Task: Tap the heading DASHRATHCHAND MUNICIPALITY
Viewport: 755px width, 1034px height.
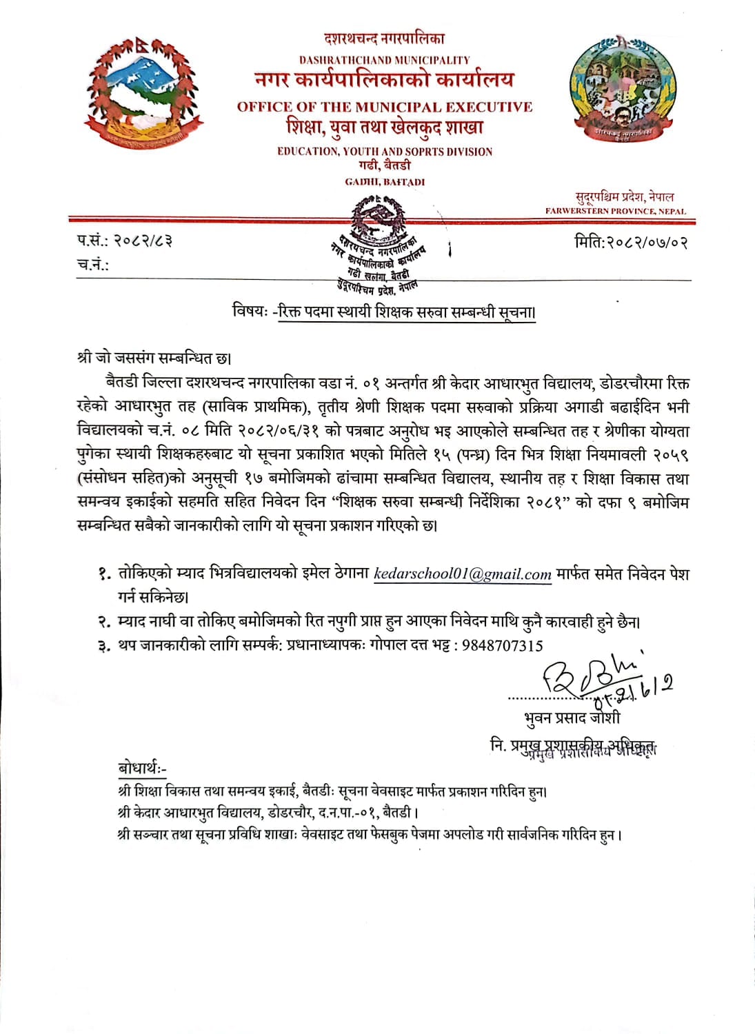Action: [x=384, y=61]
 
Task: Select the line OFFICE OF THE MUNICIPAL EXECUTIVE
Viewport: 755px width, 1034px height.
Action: [x=385, y=107]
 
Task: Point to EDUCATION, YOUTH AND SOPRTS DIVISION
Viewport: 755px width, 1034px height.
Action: [x=385, y=152]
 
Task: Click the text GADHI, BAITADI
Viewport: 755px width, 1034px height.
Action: [x=385, y=182]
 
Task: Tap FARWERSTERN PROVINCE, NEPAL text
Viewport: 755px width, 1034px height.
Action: [x=616, y=212]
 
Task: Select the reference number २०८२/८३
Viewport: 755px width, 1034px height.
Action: [x=143, y=241]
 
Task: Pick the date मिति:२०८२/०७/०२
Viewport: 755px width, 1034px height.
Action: [x=631, y=242]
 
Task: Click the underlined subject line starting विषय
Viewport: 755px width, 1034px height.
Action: [x=384, y=312]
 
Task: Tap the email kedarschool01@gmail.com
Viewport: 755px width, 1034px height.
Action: [x=462, y=574]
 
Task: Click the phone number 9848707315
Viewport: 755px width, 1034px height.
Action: [x=502, y=646]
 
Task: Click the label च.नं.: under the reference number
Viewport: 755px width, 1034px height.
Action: [x=93, y=265]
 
